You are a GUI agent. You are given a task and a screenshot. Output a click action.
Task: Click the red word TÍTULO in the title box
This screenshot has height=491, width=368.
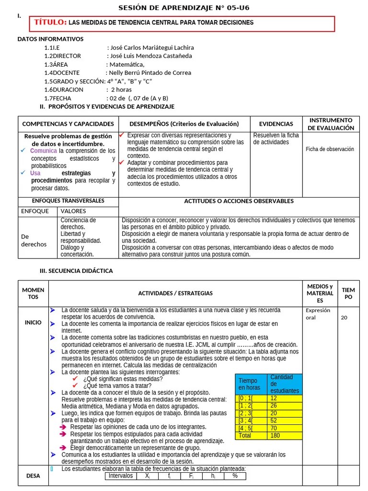pos(50,23)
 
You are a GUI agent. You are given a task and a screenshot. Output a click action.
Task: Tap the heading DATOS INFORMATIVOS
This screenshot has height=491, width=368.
pos(50,39)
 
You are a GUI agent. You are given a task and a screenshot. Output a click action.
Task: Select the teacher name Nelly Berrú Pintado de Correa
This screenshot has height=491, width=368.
pos(150,73)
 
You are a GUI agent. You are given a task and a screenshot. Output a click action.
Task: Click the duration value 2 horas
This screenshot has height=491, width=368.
pos(121,90)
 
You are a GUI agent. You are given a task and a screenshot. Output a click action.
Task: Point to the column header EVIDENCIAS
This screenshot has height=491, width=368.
pos(276,124)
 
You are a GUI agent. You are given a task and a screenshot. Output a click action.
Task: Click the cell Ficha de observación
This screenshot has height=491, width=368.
pos(330,149)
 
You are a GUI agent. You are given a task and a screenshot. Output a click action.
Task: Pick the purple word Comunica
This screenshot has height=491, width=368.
pos(44,151)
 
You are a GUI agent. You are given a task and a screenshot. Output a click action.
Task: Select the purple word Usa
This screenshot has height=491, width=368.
pos(35,173)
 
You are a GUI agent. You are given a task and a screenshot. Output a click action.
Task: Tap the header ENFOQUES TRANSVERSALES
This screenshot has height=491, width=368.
pos(68,201)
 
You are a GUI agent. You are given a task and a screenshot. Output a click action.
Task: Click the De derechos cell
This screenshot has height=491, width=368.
pos(34,240)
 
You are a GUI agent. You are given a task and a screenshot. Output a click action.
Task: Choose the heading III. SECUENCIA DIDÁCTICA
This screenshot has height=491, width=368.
pos(76,271)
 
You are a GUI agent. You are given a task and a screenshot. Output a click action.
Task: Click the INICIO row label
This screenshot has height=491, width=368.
pos(33,323)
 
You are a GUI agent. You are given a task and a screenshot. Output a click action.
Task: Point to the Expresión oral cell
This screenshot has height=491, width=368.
pos(318,314)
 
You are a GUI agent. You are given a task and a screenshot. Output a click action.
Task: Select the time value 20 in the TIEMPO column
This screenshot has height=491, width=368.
pos(344,317)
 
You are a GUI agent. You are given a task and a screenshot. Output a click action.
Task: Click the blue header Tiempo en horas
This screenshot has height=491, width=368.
pos(251,384)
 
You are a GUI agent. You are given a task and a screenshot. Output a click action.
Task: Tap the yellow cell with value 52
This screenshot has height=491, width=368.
pos(285,421)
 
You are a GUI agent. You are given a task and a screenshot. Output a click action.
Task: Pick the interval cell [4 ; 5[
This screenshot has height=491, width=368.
pos(251,428)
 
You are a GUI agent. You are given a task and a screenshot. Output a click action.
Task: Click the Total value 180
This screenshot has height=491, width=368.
pos(285,436)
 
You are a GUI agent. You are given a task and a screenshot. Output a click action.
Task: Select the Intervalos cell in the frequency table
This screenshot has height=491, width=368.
pos(120,476)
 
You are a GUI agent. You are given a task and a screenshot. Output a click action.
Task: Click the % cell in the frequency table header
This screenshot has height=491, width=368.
pos(235,476)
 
